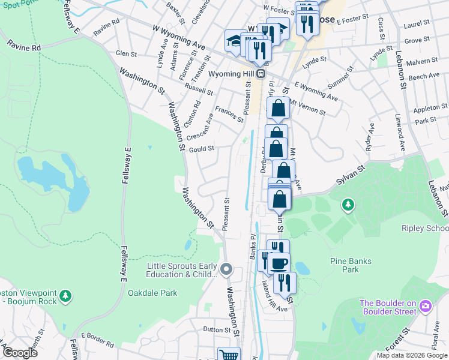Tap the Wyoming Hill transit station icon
click(x=261, y=74)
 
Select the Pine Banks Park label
click(x=352, y=265)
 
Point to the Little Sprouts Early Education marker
click(x=226, y=268)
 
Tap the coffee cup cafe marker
click(x=278, y=263)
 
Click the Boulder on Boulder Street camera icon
click(x=426, y=307)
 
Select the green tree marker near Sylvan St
click(x=348, y=206)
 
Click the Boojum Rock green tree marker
click(x=66, y=296)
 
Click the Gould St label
click(x=202, y=148)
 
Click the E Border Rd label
click(x=97, y=340)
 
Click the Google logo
click(x=20, y=353)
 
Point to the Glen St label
click(x=126, y=53)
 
